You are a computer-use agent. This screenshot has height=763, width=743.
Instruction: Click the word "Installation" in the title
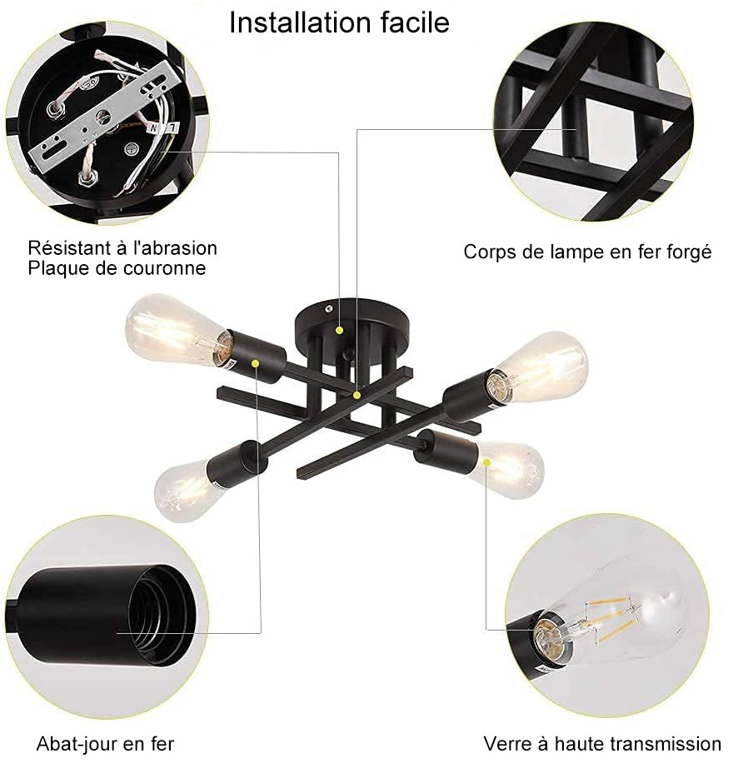tap(300, 22)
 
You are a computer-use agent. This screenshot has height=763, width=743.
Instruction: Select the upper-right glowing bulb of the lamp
tap(539, 366)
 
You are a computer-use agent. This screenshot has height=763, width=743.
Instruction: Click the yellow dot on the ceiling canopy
tap(340, 331)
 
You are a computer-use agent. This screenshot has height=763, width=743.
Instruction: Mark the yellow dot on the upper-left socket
tap(255, 362)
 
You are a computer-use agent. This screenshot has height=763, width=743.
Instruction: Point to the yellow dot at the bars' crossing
tap(357, 395)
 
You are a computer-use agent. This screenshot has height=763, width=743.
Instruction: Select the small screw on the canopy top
tap(329, 308)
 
